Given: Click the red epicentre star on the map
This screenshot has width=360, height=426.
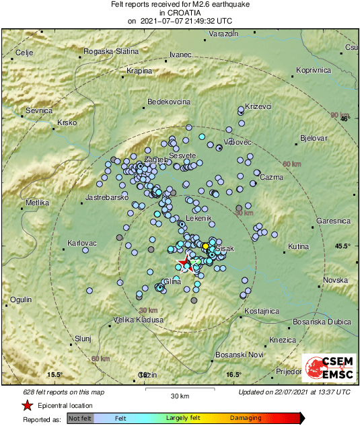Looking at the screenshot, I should coord(184,262).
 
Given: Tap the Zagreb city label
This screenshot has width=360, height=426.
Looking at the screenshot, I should coord(155,159).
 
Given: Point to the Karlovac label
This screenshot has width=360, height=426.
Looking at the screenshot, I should coord(83,243).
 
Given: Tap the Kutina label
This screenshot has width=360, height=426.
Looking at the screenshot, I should coord(298,248).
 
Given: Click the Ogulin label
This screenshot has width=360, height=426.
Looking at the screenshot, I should coord(22,299).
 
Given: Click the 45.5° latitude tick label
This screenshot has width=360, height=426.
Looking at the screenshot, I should coord(343,246).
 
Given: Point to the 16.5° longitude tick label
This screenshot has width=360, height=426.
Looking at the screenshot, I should coord(233,375).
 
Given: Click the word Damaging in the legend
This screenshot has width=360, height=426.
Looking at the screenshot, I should coord(246,419).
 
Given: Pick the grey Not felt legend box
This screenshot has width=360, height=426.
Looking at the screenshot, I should coord(80,419).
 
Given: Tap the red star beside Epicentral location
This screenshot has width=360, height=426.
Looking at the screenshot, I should coord(27,406).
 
